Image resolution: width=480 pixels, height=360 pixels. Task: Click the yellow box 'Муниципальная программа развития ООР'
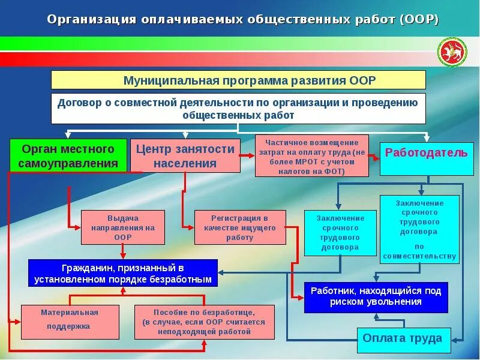pyautogui.click(x=238, y=80)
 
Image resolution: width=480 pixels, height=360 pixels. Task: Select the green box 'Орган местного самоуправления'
pyautogui.click(x=68, y=156)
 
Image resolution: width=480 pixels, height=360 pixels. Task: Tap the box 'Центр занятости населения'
pyautogui.click(x=185, y=156)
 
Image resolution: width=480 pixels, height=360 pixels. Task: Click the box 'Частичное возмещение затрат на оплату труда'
pyautogui.click(x=311, y=156)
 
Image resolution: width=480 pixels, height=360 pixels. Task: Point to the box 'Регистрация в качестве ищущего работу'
pyautogui.click(x=239, y=227)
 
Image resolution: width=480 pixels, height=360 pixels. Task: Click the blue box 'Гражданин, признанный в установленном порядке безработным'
pyautogui.click(x=123, y=273)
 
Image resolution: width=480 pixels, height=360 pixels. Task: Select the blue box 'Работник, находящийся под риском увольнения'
pyautogui.click(x=376, y=297)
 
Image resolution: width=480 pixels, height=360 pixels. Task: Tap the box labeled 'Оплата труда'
pyautogui.click(x=403, y=339)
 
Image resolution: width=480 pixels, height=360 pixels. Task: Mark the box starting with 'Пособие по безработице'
pyautogui.click(x=204, y=322)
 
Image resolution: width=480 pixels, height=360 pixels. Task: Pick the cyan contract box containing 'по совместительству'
pyautogui.click(x=419, y=229)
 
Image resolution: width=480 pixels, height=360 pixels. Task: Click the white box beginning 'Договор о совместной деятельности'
pyautogui.click(x=238, y=109)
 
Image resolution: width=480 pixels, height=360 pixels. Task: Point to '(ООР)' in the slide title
pyautogui.click(x=418, y=19)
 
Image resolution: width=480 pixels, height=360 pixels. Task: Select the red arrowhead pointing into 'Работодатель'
pyautogui.click(x=377, y=156)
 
